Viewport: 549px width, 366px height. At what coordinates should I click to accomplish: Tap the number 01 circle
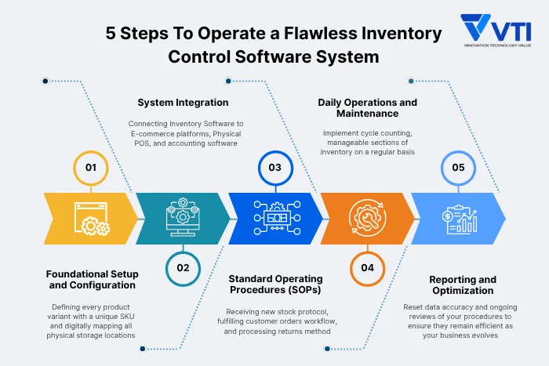point(91,168)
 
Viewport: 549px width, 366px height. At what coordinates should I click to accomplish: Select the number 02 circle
point(183,267)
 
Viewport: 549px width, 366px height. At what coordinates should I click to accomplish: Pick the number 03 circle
point(274,168)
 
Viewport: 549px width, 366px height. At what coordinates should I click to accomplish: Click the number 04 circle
point(367,267)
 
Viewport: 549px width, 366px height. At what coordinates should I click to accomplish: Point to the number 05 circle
point(459,168)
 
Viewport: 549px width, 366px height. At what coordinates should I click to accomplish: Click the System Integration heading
point(183,103)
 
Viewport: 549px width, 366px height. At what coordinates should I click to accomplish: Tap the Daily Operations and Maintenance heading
point(367,108)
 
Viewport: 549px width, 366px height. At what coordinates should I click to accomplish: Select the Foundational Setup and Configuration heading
point(92,280)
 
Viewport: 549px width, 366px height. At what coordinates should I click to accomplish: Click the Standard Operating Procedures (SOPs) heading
point(275,284)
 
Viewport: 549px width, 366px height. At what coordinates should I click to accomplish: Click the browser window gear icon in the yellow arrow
point(91,218)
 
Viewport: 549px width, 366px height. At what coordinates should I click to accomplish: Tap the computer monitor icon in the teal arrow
point(183,218)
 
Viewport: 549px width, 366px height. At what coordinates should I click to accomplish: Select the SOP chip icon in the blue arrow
point(274,218)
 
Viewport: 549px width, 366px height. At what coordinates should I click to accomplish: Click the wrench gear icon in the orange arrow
point(366,218)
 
